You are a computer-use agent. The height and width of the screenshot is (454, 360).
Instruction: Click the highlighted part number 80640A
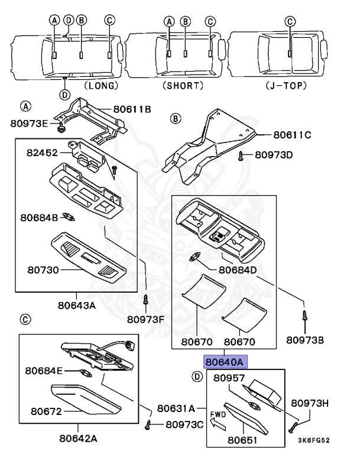[224, 361]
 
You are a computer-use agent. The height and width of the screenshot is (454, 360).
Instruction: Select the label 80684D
[238, 270]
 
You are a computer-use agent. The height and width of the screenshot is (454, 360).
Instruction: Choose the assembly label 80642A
[78, 438]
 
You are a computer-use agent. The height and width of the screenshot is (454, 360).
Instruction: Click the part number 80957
[229, 377]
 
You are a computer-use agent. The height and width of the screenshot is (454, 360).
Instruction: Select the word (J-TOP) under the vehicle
[287, 85]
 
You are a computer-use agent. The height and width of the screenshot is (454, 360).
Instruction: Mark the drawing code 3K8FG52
[313, 441]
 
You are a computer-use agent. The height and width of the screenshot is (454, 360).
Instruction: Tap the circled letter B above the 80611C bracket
[175, 119]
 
